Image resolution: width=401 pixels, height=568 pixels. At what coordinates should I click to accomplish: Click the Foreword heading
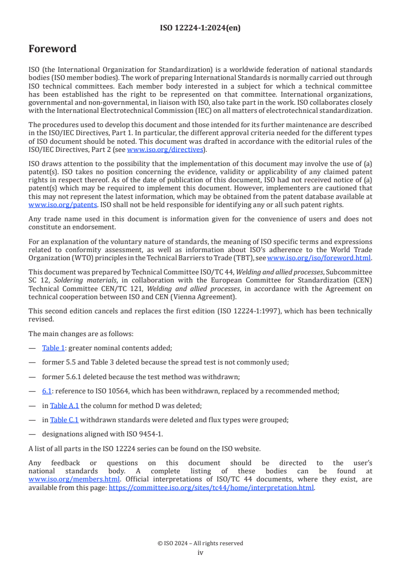pyautogui.click(x=53, y=49)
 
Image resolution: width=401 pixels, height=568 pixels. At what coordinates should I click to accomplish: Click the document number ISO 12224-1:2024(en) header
pyautogui.click(x=200, y=28)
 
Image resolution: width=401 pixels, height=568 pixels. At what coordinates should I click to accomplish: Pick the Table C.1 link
pyautogui.click(x=64, y=420)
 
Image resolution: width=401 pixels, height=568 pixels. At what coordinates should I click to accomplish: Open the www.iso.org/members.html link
pyautogui.click(x=74, y=479)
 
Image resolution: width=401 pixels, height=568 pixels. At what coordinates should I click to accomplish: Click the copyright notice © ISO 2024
pyautogui.click(x=200, y=543)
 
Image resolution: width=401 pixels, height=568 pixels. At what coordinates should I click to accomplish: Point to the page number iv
pyautogui.click(x=200, y=552)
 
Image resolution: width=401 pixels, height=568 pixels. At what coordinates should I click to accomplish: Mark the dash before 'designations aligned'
pyautogui.click(x=32, y=434)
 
